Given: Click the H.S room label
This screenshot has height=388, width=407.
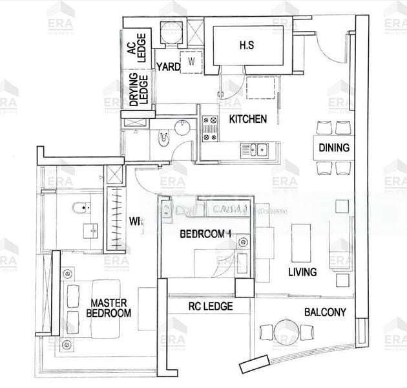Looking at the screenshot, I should coord(246,45).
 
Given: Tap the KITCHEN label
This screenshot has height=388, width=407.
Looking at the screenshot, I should coord(248,119).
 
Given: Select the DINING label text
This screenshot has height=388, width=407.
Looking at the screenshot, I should coord(333,147).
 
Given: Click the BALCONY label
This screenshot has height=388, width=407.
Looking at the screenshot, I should coord(325,312).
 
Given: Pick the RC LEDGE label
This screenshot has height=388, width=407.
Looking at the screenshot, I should coord(210,307).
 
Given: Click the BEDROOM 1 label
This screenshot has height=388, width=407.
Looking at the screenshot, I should coord(204,233).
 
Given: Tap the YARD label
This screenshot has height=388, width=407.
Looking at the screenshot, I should coord(168,66).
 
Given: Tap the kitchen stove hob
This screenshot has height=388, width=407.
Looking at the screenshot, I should coord(211,128).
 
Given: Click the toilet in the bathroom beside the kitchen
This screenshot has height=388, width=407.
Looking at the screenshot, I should coord(164,137).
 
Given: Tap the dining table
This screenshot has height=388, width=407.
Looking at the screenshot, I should coord(333,147).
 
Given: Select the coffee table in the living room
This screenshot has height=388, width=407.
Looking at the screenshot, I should coord(299,241).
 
